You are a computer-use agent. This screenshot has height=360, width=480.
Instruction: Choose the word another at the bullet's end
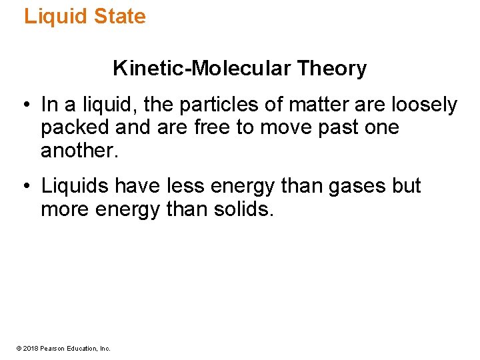coord(79,151)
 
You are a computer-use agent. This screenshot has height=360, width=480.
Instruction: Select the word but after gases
coord(406,186)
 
